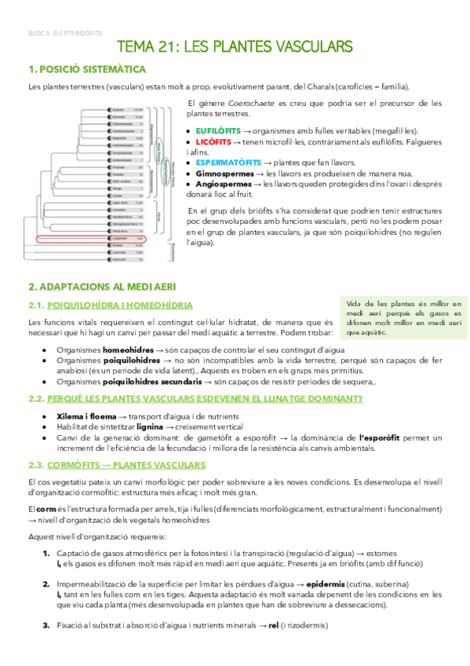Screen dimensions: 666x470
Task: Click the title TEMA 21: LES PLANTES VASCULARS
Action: pyautogui.click(x=235, y=49)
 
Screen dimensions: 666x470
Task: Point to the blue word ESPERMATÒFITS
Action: pyautogui.click(x=224, y=163)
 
